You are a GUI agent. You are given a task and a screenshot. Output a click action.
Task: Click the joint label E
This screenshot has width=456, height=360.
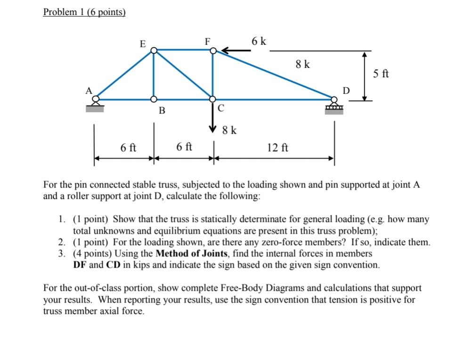click(x=143, y=44)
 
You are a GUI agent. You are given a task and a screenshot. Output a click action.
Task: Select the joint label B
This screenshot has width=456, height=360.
click(x=162, y=111)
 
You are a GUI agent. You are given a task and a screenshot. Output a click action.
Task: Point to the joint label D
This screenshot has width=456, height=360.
click(x=346, y=90)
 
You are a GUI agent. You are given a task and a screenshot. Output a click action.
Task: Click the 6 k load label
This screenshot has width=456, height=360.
click(x=259, y=41)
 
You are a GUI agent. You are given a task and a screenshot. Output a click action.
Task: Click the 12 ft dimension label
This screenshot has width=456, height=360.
click(x=277, y=147)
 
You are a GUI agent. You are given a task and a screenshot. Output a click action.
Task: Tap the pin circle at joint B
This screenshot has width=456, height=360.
click(x=154, y=99)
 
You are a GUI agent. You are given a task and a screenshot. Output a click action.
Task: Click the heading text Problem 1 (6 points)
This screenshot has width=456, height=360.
click(x=84, y=12)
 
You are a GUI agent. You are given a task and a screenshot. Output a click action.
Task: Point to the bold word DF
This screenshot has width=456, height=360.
click(x=80, y=265)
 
